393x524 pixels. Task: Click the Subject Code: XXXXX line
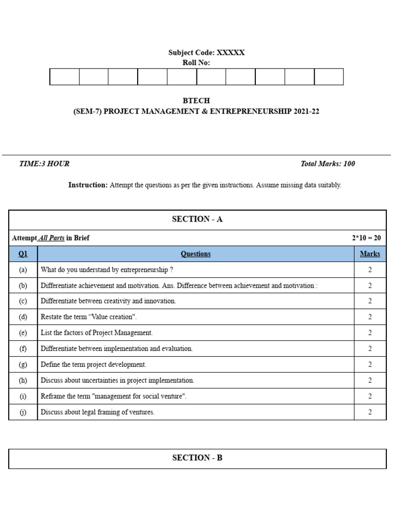point(206,53)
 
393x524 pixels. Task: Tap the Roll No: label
point(196,63)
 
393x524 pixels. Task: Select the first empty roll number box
point(64,77)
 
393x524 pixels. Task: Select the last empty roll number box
point(329,77)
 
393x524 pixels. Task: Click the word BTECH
point(196,101)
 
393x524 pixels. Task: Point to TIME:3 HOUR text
point(44,164)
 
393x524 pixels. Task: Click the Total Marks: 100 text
point(327,164)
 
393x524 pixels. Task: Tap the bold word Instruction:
point(88,185)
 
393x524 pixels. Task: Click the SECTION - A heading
point(197,219)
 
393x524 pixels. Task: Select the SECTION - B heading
point(197,458)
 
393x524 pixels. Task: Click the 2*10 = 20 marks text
point(366,238)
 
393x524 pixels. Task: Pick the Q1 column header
point(23,254)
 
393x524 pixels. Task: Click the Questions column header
point(195,254)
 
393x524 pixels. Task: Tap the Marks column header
point(369,254)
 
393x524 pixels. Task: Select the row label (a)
point(23,270)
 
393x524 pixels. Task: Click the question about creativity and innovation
point(108,301)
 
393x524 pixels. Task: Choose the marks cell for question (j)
point(369,412)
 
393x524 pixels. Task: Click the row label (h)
point(23,381)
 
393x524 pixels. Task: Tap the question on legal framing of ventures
point(97,412)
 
